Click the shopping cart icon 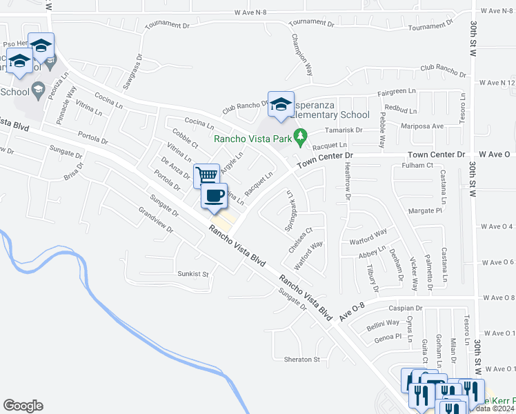206,175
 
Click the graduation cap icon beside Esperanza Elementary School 281,103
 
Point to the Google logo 23,406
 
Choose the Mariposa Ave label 423,126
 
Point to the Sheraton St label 302,359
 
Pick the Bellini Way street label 382,322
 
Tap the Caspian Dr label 404,308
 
